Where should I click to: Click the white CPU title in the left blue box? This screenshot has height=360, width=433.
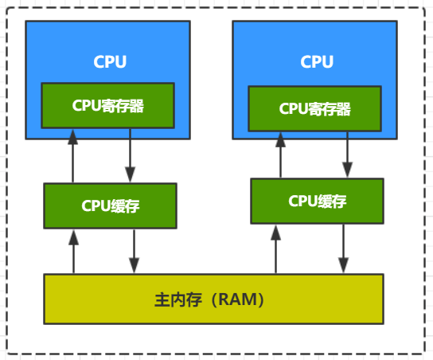pyautogui.click(x=110, y=62)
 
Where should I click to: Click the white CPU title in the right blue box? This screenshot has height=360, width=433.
pyautogui.click(x=317, y=62)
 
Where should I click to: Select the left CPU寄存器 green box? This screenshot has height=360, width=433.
pyautogui.click(x=107, y=106)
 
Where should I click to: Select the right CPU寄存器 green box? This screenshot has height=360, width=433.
pyautogui.click(x=314, y=109)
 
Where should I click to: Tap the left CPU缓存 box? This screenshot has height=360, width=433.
pyautogui.click(x=110, y=205)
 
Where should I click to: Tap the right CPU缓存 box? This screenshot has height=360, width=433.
pyautogui.click(x=317, y=201)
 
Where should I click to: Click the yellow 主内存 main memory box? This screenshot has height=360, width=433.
pyautogui.click(x=213, y=299)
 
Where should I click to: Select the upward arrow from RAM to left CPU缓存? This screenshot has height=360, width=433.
pyautogui.click(x=73, y=251)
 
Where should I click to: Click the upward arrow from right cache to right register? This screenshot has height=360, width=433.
pyautogui.click(x=280, y=155)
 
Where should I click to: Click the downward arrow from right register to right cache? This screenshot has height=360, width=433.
pyautogui.click(x=347, y=155)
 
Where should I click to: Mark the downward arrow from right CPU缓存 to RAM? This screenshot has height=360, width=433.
pyautogui.click(x=343, y=248)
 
